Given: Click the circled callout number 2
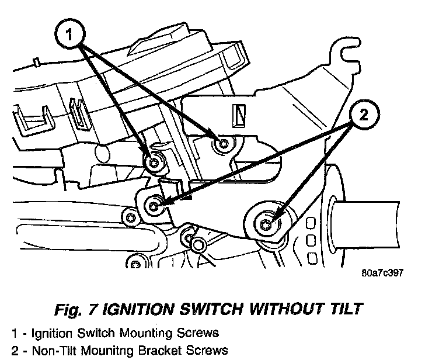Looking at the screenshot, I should click(363, 115).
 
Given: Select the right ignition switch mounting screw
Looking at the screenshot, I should click(222, 144).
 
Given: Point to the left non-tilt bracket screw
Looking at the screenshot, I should click(154, 205).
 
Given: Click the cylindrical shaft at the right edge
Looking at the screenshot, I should click(379, 216).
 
